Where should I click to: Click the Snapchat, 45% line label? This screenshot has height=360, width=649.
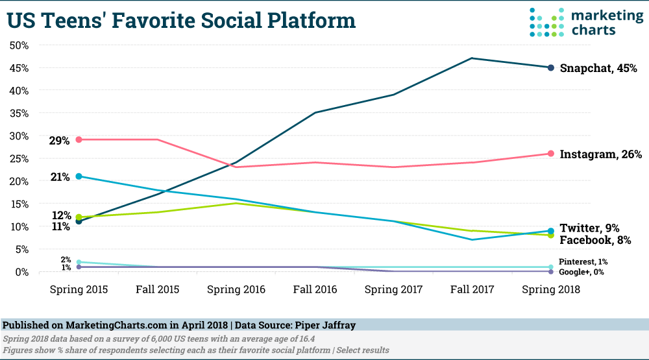[598, 67]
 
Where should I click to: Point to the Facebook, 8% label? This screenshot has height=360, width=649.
[594, 239]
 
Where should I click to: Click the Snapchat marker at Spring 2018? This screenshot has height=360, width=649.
[550, 67]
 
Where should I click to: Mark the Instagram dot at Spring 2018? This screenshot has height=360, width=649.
[550, 154]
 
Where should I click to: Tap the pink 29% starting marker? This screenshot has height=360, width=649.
[79, 139]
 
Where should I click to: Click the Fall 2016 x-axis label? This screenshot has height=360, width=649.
[315, 290]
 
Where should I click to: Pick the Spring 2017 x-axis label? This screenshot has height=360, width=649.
[394, 290]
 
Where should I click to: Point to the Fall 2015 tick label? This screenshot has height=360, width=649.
[157, 290]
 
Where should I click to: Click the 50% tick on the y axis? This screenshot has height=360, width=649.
[19, 45]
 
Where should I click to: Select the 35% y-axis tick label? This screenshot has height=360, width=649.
[19, 113]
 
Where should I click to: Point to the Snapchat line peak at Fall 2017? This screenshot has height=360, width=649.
[472, 58]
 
